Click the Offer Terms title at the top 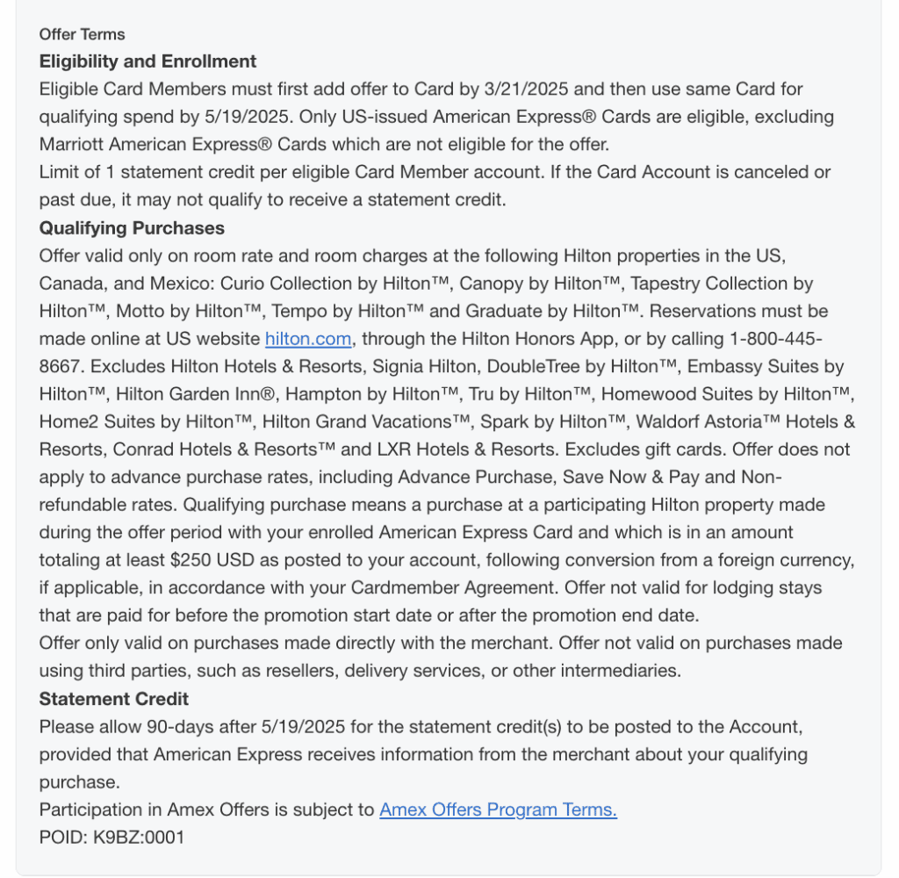click(82, 34)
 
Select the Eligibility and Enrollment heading click(147, 61)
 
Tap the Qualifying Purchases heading click(132, 228)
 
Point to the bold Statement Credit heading click(114, 699)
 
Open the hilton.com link click(308, 339)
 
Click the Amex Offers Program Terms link click(498, 810)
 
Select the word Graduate click(503, 311)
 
